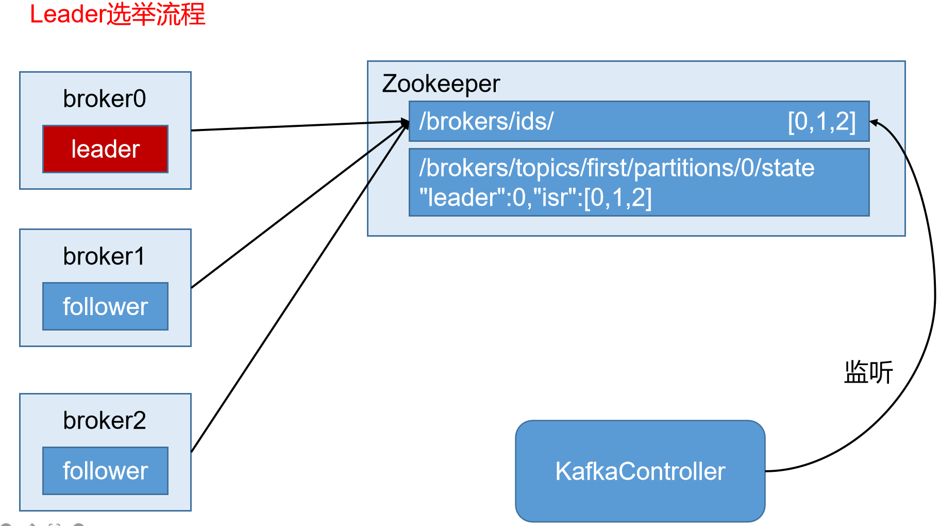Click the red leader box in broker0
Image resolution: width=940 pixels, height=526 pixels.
tap(105, 149)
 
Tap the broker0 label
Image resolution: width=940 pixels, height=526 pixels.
tap(105, 98)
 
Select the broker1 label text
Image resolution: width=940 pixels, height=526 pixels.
tap(105, 256)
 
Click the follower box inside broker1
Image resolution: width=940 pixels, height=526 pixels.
tap(105, 306)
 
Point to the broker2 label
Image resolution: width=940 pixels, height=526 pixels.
tap(105, 420)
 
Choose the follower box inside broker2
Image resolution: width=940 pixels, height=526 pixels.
tap(105, 471)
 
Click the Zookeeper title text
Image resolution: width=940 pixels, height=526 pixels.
tap(441, 84)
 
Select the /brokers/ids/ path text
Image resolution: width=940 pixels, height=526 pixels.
tap(486, 121)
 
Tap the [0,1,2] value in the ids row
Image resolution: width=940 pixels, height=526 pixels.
tap(821, 122)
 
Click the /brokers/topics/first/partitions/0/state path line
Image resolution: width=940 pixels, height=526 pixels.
tap(616, 168)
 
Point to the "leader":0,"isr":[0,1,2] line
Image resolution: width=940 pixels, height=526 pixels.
tap(535, 198)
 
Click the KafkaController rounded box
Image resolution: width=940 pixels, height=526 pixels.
tap(640, 471)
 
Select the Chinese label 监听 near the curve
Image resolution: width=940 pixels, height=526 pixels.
tap(868, 372)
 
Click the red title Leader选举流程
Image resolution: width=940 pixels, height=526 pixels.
tap(117, 14)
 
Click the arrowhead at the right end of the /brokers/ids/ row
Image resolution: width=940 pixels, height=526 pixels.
tap(874, 123)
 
